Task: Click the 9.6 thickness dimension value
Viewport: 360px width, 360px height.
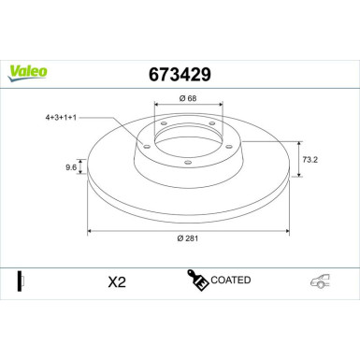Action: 71,168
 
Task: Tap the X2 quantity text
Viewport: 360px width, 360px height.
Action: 117,281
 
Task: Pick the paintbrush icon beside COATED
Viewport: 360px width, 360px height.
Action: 197,280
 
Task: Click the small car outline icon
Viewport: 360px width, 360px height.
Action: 320,281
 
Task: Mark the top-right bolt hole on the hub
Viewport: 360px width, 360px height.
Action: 213,125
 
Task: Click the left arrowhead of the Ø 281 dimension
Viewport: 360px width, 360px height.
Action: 90,229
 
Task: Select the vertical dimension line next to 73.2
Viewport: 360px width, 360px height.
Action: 298,158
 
